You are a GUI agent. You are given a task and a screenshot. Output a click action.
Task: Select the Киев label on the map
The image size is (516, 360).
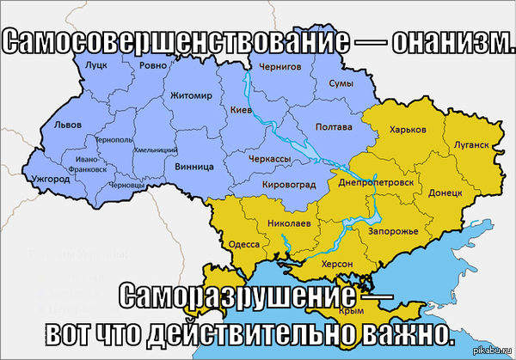[x=241, y=110]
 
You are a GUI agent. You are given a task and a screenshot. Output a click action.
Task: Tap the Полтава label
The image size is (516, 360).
[x=334, y=127]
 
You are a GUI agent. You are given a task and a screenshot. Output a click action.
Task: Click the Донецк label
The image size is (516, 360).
[x=445, y=193]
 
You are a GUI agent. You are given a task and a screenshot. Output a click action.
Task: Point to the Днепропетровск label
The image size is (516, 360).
[x=382, y=183]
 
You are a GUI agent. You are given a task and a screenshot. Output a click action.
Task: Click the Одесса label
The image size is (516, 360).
[x=243, y=244]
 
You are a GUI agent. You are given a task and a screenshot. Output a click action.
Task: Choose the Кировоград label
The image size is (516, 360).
[x=288, y=184]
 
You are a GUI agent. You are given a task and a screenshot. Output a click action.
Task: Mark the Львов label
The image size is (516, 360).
[x=67, y=125]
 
